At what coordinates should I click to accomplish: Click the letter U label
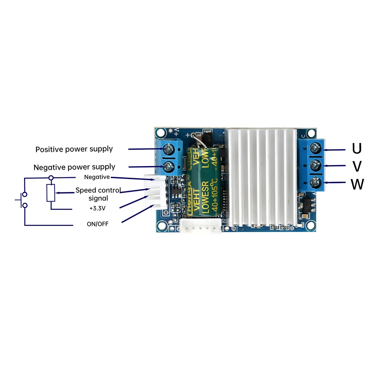coord(357,149)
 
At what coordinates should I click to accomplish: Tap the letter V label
coord(358,166)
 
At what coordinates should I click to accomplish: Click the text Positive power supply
coord(74,149)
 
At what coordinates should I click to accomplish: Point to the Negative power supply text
coord(74,167)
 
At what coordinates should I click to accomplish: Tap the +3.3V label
coord(97,207)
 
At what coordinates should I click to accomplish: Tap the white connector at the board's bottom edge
coord(200,227)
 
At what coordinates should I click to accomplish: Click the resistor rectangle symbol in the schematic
coord(51,193)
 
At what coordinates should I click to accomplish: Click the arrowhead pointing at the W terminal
coord(326,183)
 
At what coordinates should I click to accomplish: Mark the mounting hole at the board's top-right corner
coord(311,133)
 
